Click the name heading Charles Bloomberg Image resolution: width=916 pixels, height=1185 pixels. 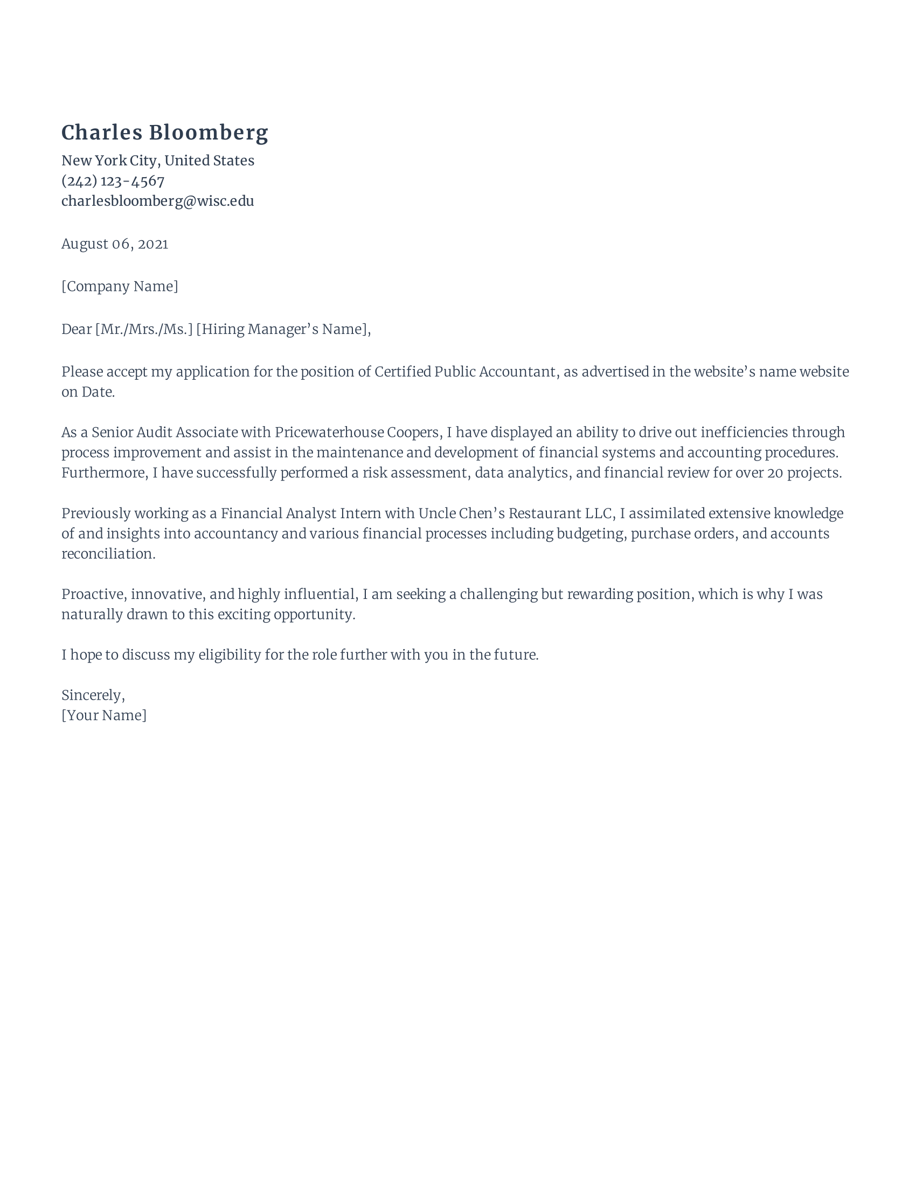[164, 133]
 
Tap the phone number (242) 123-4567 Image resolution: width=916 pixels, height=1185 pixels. [113, 180]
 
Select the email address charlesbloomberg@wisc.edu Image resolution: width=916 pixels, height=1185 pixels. [157, 201]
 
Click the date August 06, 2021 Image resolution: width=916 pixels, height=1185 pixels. [114, 243]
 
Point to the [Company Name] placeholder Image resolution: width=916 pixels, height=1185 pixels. [120, 286]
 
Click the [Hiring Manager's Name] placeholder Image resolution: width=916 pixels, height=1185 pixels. [282, 329]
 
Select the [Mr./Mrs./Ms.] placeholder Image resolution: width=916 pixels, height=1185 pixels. [144, 329]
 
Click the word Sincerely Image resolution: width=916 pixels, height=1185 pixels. [93, 695]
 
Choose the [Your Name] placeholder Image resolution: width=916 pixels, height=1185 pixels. [103, 715]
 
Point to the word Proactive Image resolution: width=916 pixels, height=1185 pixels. [94, 594]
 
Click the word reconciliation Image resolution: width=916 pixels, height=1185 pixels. [108, 553]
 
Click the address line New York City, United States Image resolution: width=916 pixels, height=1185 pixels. [157, 161]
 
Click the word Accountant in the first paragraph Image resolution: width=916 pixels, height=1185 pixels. [518, 372]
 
